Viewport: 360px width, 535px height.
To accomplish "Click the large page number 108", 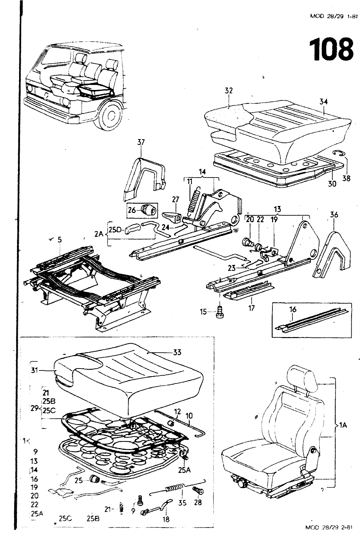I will point(331,49).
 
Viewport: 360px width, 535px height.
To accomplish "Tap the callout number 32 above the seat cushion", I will point(229,91).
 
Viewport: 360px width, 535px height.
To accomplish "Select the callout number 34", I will point(324,102).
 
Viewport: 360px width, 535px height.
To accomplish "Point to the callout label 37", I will point(141,142).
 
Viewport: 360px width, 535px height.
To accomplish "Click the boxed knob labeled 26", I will point(148,210).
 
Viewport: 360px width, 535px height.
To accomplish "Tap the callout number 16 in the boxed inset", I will point(293,310).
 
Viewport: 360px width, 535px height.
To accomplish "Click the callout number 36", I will point(334,215).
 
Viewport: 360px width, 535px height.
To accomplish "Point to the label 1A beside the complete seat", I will point(343,426).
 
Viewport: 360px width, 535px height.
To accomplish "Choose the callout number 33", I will point(177,352).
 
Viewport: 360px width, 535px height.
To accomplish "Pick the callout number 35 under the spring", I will point(182,503).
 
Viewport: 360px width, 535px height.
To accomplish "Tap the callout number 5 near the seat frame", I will point(59,239).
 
